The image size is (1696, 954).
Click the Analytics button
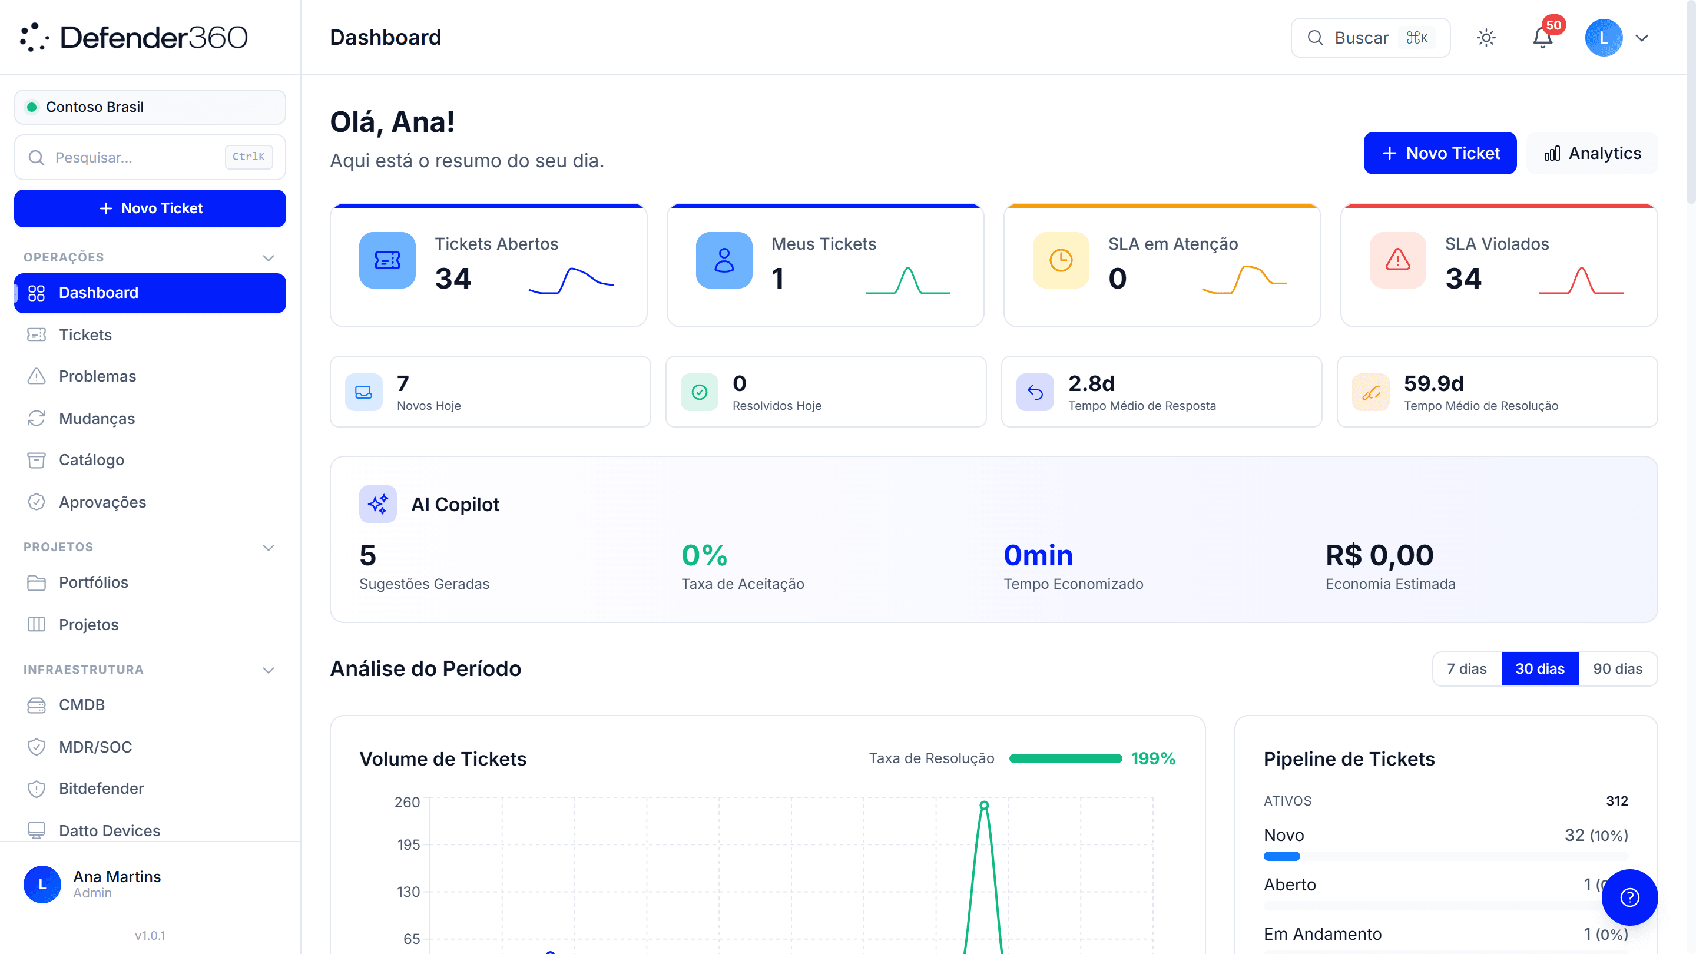tap(1592, 153)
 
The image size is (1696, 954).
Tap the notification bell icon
tap(1543, 38)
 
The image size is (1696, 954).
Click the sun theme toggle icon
tap(1486, 38)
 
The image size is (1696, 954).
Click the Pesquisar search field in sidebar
tap(150, 157)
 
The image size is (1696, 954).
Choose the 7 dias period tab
tap(1467, 669)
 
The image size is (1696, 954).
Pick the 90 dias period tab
tap(1618, 669)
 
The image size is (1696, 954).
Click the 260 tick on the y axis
tap(407, 802)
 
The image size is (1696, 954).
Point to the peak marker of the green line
tap(984, 805)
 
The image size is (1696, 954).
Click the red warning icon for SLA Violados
tap(1398, 260)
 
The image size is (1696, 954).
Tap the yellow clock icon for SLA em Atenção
tap(1061, 260)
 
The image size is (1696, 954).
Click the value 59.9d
tap(1433, 383)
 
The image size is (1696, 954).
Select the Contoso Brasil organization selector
tap(150, 107)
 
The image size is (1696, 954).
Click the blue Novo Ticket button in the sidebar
tap(150, 208)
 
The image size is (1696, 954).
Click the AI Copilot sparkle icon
tap(378, 504)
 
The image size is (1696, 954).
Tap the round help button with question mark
tap(1629, 897)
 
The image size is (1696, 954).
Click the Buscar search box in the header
tap(1371, 38)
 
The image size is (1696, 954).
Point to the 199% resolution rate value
tap(1153, 759)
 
